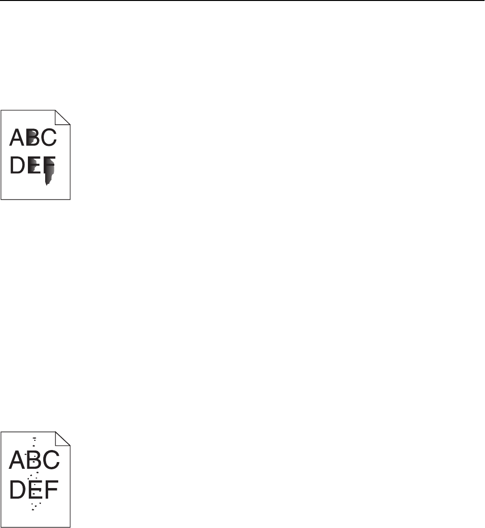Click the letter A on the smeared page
(x=17, y=138)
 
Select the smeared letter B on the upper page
(x=32, y=138)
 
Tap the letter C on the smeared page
(x=48, y=138)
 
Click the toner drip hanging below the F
(x=48, y=180)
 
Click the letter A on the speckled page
(x=18, y=460)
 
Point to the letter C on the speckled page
(x=50, y=460)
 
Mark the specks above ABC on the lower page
(x=34, y=442)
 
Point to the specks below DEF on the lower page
(x=35, y=506)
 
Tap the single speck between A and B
(x=26, y=454)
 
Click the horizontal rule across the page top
(x=242, y=1)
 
